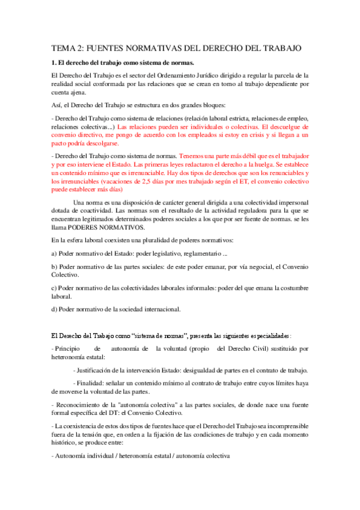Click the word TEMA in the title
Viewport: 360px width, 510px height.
coord(59,48)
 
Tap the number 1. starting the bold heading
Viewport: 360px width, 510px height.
coord(53,63)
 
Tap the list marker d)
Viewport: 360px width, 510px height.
coord(54,309)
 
